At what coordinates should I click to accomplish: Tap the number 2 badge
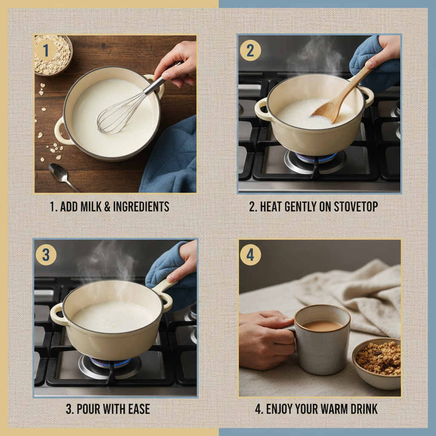pyautogui.click(x=250, y=51)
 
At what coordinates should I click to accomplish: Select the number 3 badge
pyautogui.click(x=46, y=255)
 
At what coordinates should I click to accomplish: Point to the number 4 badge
pyautogui.click(x=250, y=255)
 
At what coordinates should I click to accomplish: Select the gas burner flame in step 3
pyautogui.click(x=109, y=362)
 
